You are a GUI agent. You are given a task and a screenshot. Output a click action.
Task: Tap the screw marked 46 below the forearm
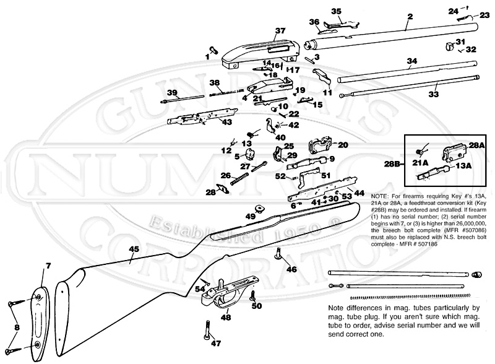[278, 252]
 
